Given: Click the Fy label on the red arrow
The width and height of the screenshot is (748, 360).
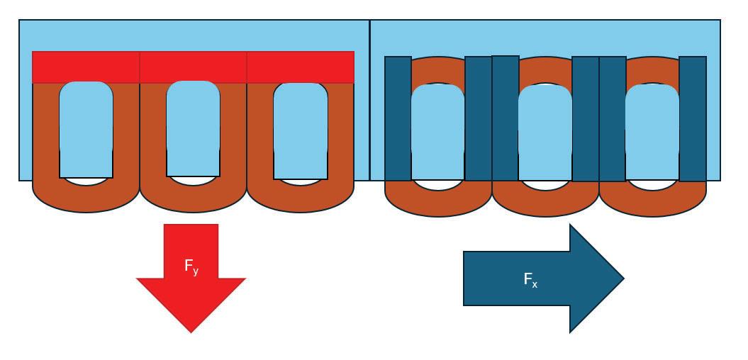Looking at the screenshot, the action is click(191, 266).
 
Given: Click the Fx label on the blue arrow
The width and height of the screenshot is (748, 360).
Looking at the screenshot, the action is click(530, 280).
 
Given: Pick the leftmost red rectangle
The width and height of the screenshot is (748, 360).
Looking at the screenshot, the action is click(86, 67).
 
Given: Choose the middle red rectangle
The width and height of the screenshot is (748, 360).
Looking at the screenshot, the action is click(193, 67).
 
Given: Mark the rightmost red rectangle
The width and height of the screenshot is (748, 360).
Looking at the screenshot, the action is click(300, 67).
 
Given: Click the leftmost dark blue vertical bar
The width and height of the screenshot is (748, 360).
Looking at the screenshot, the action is click(398, 118).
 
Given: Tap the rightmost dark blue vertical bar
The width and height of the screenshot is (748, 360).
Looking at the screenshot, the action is click(693, 118).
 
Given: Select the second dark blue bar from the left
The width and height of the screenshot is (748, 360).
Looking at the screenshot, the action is click(478, 118).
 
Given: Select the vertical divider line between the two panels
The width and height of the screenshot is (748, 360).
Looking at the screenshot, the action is click(369, 99).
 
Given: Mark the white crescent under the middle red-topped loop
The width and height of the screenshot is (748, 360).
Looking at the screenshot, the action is click(193, 181).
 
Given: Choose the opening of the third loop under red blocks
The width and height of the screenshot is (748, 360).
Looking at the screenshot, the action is click(300, 130).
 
